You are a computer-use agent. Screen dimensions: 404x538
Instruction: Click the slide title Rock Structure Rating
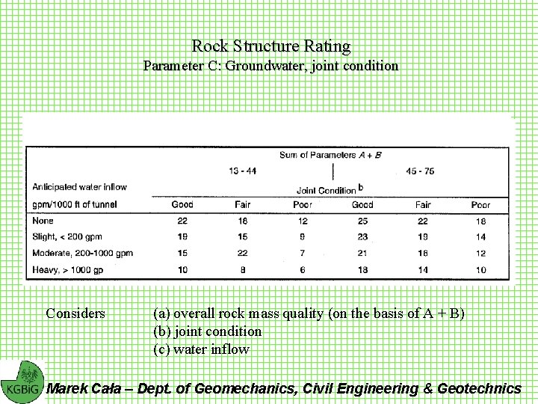point(270,46)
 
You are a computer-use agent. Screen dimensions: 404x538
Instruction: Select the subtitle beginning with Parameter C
point(270,66)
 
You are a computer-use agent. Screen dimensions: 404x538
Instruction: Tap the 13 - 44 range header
point(242,171)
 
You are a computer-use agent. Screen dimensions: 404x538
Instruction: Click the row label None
point(42,221)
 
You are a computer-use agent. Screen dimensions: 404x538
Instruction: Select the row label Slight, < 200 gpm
point(71,236)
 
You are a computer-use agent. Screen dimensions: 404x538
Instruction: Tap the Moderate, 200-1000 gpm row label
point(82,253)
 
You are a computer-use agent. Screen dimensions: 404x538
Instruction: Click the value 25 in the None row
point(362,221)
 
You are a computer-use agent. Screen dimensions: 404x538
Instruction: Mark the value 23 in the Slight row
point(362,236)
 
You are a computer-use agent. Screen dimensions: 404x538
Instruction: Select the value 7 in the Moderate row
point(302,253)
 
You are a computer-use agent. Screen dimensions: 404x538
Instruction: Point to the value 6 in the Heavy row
point(302,269)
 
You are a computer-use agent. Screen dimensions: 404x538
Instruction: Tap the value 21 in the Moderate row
point(362,253)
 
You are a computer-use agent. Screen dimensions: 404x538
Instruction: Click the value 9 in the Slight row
point(302,236)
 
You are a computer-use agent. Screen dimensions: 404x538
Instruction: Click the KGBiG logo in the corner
point(22,382)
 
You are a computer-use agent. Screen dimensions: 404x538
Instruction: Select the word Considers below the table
point(75,313)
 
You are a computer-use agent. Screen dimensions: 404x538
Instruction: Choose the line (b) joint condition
point(207,331)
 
